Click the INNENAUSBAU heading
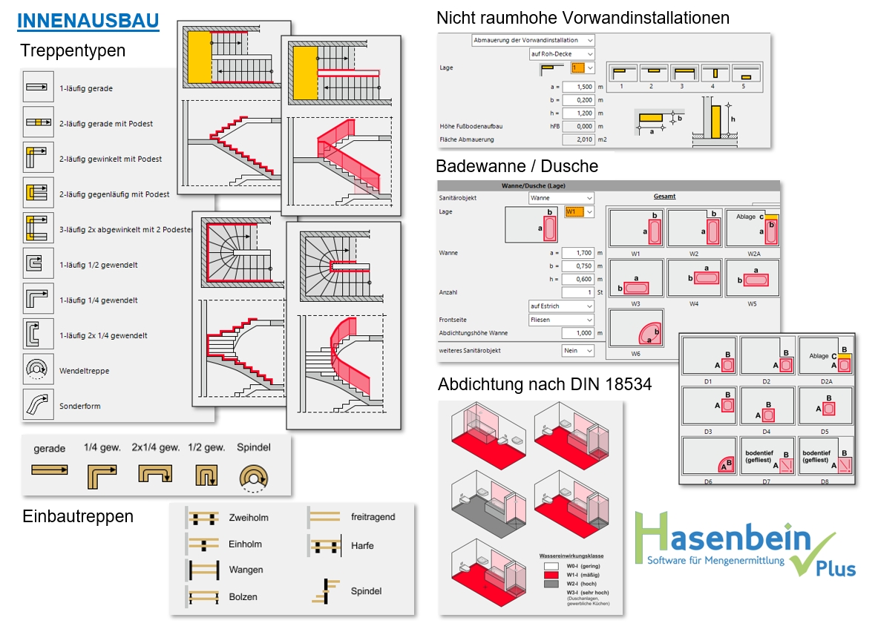[x=88, y=21]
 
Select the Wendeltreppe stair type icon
[x=38, y=370]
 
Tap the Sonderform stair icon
[x=38, y=405]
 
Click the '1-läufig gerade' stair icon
[x=38, y=88]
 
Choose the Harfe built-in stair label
[x=362, y=546]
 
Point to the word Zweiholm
[x=249, y=518]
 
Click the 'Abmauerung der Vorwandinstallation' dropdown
[x=534, y=40]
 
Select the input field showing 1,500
[x=579, y=86]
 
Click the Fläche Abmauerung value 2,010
[x=579, y=139]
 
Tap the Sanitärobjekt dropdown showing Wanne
[x=562, y=198]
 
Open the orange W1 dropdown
[x=580, y=212]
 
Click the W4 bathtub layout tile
[x=694, y=277]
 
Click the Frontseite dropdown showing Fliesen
[x=562, y=320]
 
